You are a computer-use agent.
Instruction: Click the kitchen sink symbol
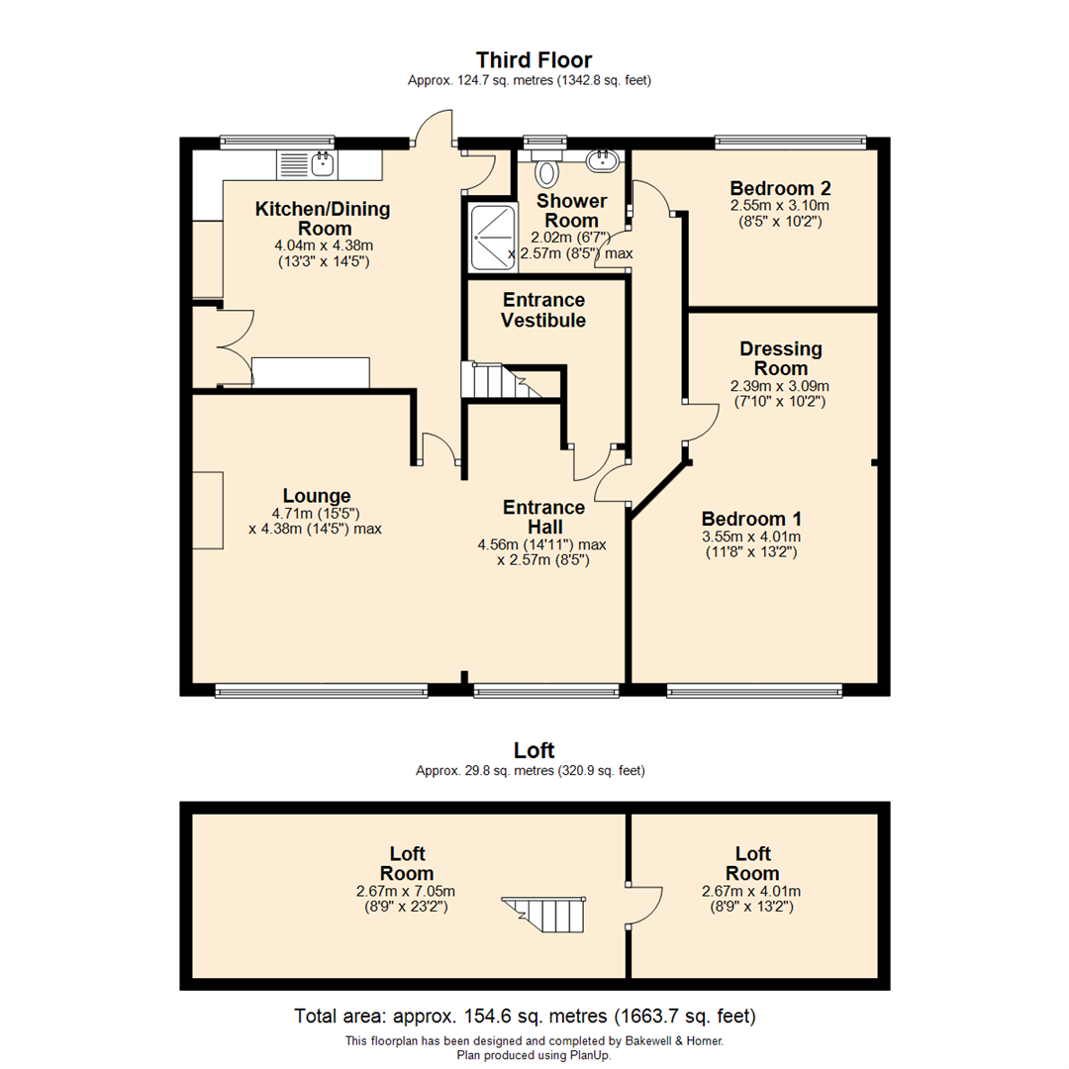[x=308, y=163]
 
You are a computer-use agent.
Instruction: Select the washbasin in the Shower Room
[x=602, y=160]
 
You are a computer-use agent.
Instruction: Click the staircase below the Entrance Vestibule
[x=499, y=380]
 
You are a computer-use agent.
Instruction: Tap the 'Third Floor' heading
[x=534, y=60]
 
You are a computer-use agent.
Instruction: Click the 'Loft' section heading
[x=534, y=750]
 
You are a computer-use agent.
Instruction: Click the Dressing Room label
[x=781, y=358]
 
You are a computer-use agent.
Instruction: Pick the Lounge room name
[x=317, y=496]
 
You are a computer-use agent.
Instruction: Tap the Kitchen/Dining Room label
[x=323, y=219]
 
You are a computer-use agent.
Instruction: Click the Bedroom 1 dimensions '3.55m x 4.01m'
[x=751, y=536]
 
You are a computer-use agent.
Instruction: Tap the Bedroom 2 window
[x=792, y=142]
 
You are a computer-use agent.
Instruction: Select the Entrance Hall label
[x=543, y=517]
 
